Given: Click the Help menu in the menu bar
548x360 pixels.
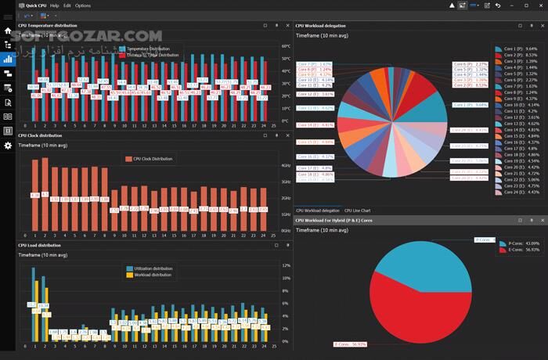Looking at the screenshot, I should pos(55,5).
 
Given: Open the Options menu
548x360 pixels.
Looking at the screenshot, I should pos(82,5).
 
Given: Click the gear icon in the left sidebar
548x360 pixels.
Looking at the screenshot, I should pos(8,146).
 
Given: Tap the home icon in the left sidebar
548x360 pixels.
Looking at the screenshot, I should pos(8,31).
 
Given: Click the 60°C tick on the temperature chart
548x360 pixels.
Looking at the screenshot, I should pos(285,46).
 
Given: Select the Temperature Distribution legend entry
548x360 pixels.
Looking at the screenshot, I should pos(149,49).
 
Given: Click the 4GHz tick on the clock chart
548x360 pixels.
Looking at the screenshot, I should pos(285,166).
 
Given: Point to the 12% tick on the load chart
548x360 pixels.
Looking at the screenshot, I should pos(285,266).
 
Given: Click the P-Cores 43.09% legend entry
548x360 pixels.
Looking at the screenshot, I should pos(521,243).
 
